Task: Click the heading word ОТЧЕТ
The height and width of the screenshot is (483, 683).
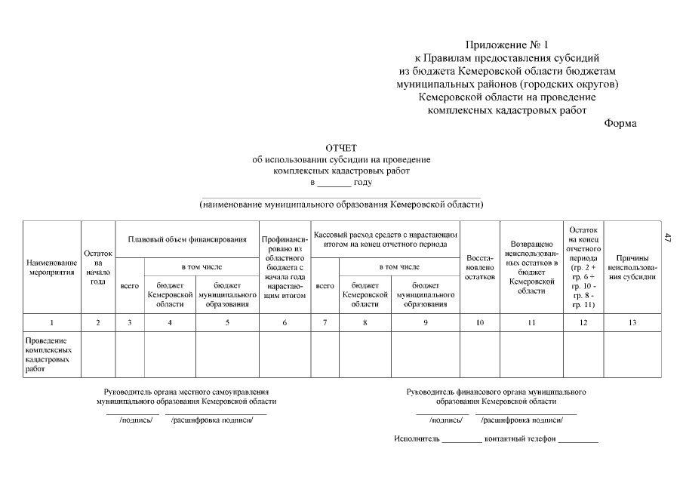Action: point(341,148)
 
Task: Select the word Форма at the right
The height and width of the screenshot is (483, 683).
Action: point(620,124)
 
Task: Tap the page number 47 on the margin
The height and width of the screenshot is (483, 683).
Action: point(667,238)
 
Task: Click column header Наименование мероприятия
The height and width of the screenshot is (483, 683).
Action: point(51,267)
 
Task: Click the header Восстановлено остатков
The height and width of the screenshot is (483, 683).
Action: point(479,267)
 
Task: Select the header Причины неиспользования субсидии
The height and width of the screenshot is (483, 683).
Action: point(632,267)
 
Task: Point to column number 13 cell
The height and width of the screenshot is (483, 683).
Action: point(632,323)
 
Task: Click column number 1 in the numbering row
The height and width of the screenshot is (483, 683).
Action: point(51,323)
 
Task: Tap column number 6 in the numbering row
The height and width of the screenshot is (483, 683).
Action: point(285,323)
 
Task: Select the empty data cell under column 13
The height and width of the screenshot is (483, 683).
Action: point(632,355)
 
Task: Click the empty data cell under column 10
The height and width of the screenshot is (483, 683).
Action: point(479,355)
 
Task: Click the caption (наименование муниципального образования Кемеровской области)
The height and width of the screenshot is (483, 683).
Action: point(341,205)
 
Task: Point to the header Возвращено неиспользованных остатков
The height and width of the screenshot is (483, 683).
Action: point(531,267)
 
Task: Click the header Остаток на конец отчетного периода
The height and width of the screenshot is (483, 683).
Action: point(583,267)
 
